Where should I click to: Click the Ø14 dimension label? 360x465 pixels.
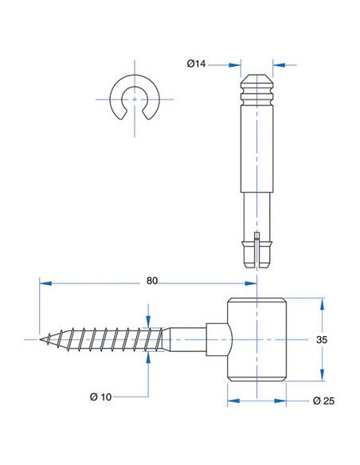[196, 64]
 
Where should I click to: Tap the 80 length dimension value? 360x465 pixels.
[152, 280]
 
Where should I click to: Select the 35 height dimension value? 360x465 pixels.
[322, 339]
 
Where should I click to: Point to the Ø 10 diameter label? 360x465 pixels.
[101, 397]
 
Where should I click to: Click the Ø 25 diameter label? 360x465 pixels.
[323, 401]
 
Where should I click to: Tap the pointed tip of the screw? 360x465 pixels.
[41, 339]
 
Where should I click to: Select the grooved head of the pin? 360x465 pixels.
[256, 90]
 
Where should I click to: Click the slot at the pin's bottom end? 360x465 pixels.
[257, 251]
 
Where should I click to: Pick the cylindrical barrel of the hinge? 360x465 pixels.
[256, 339]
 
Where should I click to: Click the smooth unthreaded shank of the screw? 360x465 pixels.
[186, 339]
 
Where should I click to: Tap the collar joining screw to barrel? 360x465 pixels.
[219, 339]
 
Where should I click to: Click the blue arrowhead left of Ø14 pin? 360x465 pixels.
[235, 65]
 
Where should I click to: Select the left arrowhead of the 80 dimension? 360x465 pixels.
[45, 283]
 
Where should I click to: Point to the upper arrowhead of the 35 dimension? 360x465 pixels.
[322, 304]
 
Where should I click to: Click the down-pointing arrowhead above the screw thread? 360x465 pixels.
[148, 321]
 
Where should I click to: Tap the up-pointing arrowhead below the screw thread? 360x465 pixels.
[148, 358]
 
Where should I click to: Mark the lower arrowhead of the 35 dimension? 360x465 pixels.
[322, 375]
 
